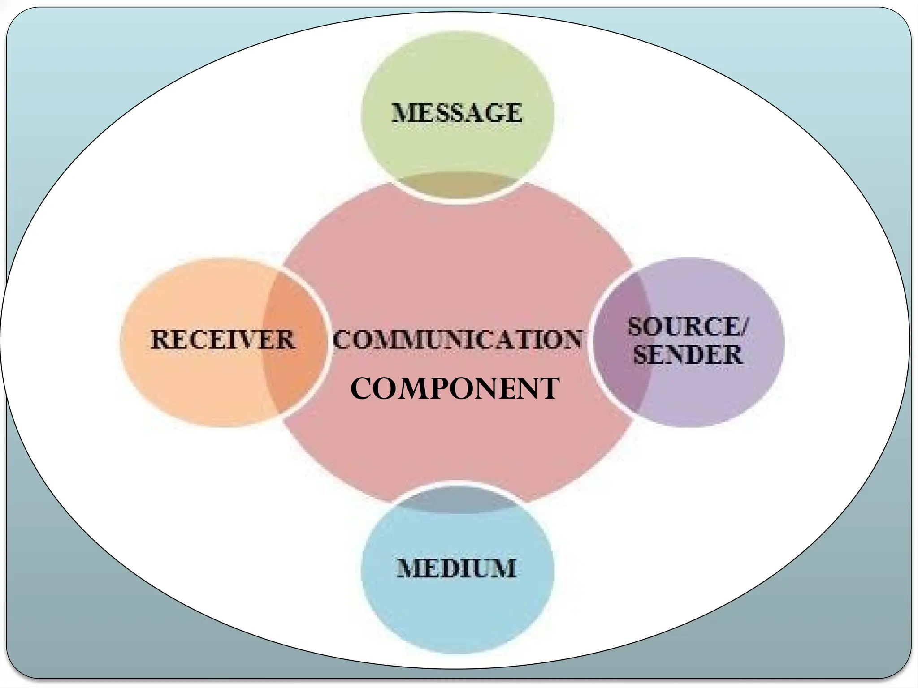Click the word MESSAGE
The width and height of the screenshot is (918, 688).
click(457, 113)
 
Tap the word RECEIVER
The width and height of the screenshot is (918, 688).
click(223, 340)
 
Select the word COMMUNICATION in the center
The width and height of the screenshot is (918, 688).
click(457, 339)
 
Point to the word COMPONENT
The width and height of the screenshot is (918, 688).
click(455, 388)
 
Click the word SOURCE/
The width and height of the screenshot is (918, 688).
click(687, 327)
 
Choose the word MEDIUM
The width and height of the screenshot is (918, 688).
click(457, 568)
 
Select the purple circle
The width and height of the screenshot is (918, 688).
click(717, 390)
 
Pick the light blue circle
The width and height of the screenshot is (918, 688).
click(457, 614)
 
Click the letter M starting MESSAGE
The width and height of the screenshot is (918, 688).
click(402, 113)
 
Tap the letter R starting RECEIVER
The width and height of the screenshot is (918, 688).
click(160, 340)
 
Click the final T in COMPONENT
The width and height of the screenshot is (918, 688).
click(550, 388)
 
